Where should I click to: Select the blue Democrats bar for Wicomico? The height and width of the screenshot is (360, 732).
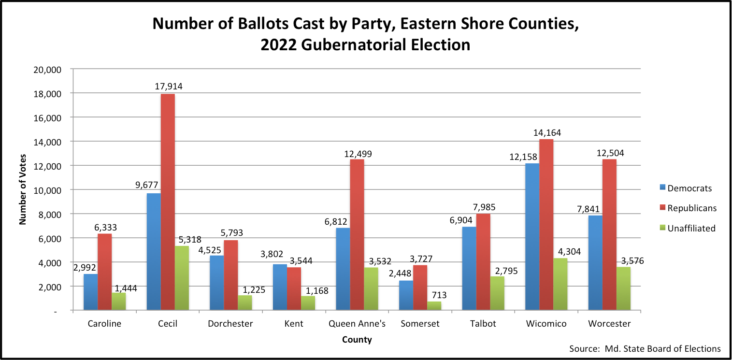[x=532, y=237]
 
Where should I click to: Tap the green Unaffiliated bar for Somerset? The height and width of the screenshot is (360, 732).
[x=434, y=306]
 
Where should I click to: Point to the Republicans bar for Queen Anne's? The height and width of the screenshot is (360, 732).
[x=357, y=235]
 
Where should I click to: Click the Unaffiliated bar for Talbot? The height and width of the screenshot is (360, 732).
[x=497, y=293]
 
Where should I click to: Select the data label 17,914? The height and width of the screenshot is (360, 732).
[x=169, y=87]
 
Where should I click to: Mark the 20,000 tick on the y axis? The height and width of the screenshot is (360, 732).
[x=48, y=69]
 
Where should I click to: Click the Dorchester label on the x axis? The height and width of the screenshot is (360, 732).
[x=230, y=324]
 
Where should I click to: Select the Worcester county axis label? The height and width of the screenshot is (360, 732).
[x=609, y=324]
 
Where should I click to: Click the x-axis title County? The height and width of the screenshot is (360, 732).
[x=357, y=340]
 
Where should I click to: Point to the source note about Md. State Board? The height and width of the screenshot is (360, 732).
[x=645, y=348]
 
